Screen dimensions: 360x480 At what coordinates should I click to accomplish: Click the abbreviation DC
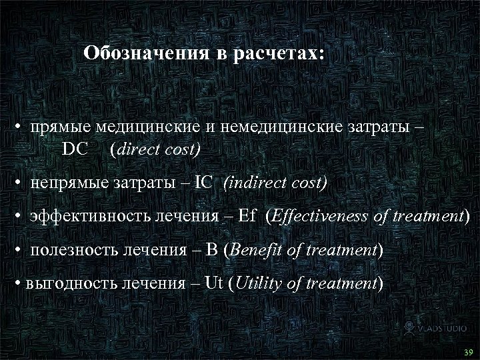click(x=75, y=149)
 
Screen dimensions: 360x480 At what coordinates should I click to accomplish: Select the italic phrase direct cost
click(x=157, y=149)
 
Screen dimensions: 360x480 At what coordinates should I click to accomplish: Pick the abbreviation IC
click(x=204, y=183)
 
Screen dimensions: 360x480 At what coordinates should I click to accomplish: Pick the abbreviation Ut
click(x=215, y=283)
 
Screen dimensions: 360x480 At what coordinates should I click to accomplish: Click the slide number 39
click(x=468, y=352)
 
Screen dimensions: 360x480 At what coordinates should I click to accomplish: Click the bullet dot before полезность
click(x=22, y=251)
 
